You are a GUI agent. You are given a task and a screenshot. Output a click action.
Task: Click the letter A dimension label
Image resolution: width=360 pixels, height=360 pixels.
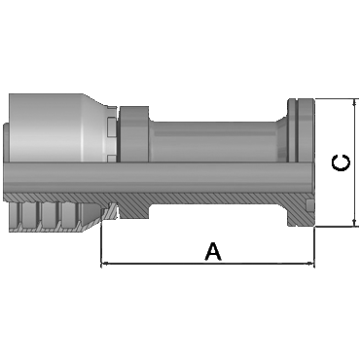click(x=213, y=251)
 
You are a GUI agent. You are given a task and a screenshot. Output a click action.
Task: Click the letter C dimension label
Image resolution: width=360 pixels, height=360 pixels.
click(x=341, y=163)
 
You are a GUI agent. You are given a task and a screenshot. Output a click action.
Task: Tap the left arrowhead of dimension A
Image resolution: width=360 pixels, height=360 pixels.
click(x=104, y=264)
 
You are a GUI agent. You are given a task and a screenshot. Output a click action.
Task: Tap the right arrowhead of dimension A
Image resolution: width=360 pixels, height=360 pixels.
click(x=311, y=264)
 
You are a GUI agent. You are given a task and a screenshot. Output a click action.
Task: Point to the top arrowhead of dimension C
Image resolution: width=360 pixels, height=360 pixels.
click(x=354, y=102)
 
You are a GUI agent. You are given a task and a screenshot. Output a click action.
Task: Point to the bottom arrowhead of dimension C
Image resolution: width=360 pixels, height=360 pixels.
click(x=354, y=223)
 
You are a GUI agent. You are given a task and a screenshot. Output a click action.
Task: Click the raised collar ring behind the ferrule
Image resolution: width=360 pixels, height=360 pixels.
click(x=134, y=133)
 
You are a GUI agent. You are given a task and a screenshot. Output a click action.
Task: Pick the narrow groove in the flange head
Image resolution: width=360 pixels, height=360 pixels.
click(x=297, y=129)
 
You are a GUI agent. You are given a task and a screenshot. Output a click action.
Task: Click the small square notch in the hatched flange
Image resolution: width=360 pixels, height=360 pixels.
click(x=309, y=205)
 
